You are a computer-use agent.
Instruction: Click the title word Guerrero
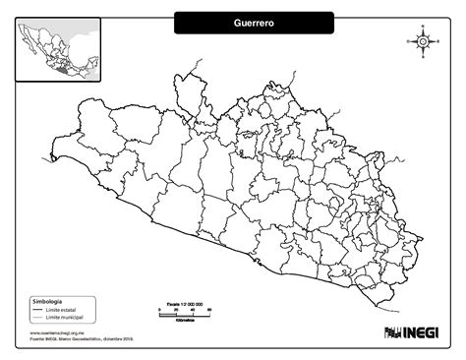point(254,22)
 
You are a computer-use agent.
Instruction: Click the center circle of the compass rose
point(422,41)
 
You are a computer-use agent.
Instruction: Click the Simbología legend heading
point(47,299)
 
